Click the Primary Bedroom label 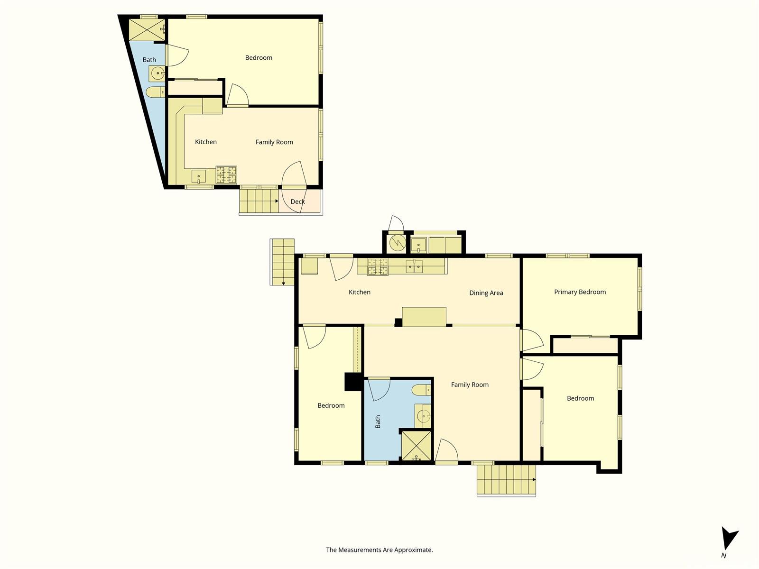[580, 292]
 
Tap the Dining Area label [486, 293]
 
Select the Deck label [297, 202]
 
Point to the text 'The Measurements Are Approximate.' [379, 550]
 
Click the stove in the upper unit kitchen [226, 175]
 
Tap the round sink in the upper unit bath [157, 73]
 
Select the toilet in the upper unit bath [155, 92]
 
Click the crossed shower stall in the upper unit [147, 30]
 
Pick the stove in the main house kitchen [378, 266]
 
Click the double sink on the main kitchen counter [414, 266]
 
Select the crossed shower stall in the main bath [416, 446]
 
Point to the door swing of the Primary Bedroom [533, 340]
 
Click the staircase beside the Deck [259, 201]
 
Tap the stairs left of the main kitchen [282, 262]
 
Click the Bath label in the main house [378, 422]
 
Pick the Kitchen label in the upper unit [206, 142]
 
